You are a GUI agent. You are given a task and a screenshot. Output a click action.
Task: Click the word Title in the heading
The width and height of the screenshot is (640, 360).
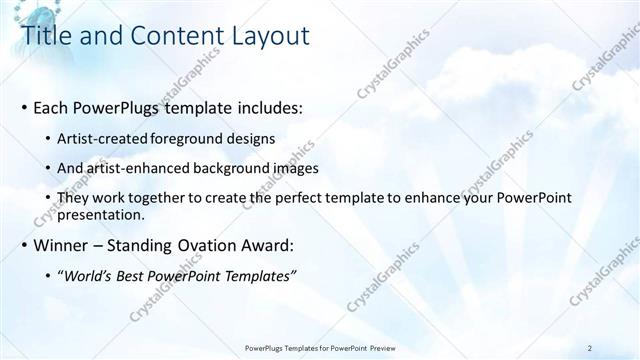click(46, 36)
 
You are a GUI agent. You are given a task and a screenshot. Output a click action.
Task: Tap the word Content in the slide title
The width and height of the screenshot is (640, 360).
click(168, 36)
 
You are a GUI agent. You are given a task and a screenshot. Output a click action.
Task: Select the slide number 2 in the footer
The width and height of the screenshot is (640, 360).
click(590, 348)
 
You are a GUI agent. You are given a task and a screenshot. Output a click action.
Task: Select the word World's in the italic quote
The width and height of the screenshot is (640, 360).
click(88, 275)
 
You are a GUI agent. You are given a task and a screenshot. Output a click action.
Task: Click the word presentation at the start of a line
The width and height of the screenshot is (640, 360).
click(101, 214)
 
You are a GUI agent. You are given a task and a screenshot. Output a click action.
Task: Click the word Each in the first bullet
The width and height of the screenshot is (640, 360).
click(51, 107)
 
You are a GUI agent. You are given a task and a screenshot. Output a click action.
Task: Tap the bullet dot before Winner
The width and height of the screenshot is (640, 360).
click(24, 245)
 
